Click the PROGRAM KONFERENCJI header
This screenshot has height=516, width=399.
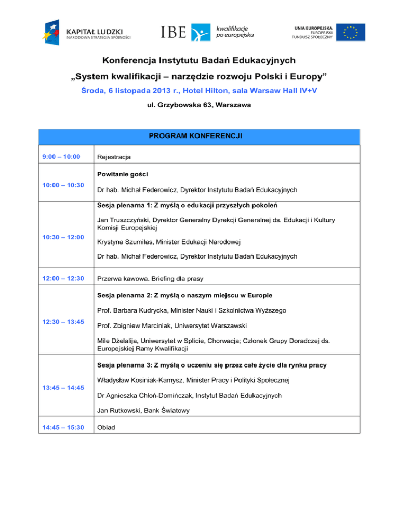(x=199, y=138)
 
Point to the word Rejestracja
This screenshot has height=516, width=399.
(x=113, y=156)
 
